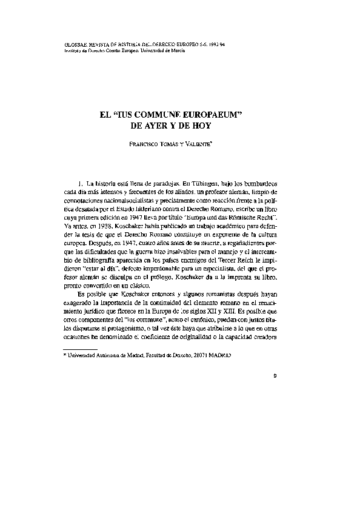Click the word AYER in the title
coord(161,126)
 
